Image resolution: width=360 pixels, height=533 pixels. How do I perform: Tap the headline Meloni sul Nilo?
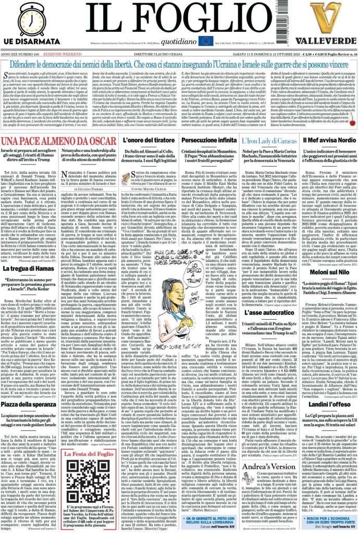coord(331,273)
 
